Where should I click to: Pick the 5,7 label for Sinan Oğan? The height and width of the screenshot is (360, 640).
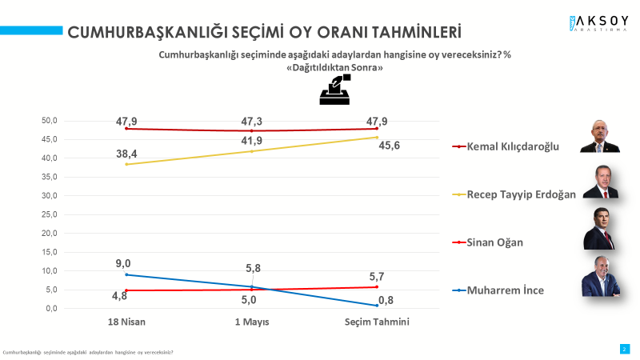[x=377, y=275]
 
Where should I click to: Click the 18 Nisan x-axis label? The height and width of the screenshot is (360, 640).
[x=127, y=322]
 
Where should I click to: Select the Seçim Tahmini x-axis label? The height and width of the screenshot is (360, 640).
[x=378, y=322]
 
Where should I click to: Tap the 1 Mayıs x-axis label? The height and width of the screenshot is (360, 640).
[x=252, y=322]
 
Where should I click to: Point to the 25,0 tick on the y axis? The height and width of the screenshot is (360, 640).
[x=50, y=214]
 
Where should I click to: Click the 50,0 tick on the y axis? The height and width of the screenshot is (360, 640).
[x=50, y=121]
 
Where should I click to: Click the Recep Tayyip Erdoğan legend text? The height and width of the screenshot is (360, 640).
[x=520, y=194]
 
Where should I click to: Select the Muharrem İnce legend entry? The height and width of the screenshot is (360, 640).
[x=505, y=290]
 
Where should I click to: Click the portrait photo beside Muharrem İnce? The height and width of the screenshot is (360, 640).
[x=600, y=277]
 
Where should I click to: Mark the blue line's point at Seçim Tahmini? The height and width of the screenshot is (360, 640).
[x=378, y=306]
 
